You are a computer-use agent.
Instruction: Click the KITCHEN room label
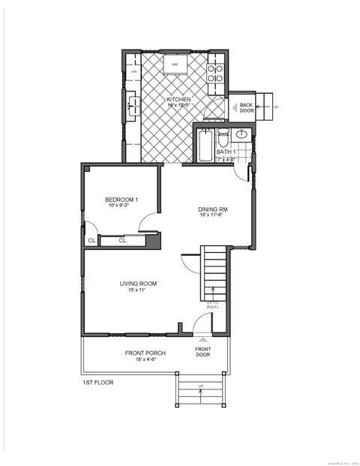coord(178,99)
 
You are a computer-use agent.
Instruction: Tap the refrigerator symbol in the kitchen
coord(175,65)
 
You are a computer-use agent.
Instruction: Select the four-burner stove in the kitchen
coord(215,73)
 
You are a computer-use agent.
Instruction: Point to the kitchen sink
coord(133,107)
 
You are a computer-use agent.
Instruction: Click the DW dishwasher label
coord(134,72)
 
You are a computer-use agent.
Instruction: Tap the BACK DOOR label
coord(246,107)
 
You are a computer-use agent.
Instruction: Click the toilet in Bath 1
coord(223,138)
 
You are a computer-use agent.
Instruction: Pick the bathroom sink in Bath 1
coord(241,135)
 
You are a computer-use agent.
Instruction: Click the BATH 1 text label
coord(226,152)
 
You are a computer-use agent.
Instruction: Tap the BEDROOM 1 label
coord(121,198)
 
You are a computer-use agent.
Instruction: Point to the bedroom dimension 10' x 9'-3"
coord(121,205)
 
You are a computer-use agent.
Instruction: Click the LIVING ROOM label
coord(138,283)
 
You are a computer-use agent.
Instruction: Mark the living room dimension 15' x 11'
coord(138,290)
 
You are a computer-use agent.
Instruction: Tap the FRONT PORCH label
coord(145,353)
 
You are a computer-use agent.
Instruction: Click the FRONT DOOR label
coord(202,351)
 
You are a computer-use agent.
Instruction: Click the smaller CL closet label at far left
coord(91,241)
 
